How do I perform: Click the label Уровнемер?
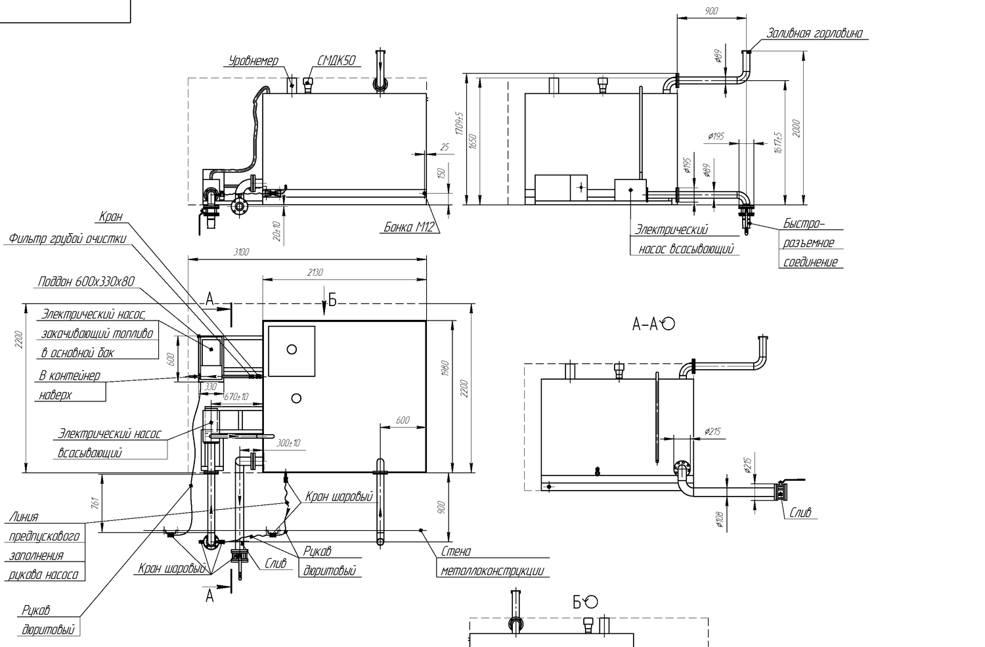tap(253, 61)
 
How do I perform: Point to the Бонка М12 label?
tap(408, 227)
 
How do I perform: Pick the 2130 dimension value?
tap(315, 273)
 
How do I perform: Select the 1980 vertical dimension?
tap(445, 374)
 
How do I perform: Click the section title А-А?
tap(645, 324)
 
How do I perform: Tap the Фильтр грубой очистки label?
tap(67, 239)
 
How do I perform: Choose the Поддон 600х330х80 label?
tap(86, 282)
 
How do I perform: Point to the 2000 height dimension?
tap(796, 129)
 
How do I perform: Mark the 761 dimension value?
tap(95, 504)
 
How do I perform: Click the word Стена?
tap(456, 552)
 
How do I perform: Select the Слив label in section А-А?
tap(800, 512)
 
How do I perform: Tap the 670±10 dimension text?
tap(236, 397)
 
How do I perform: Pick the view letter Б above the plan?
tap(332, 301)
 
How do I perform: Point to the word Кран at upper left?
tap(110, 217)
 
